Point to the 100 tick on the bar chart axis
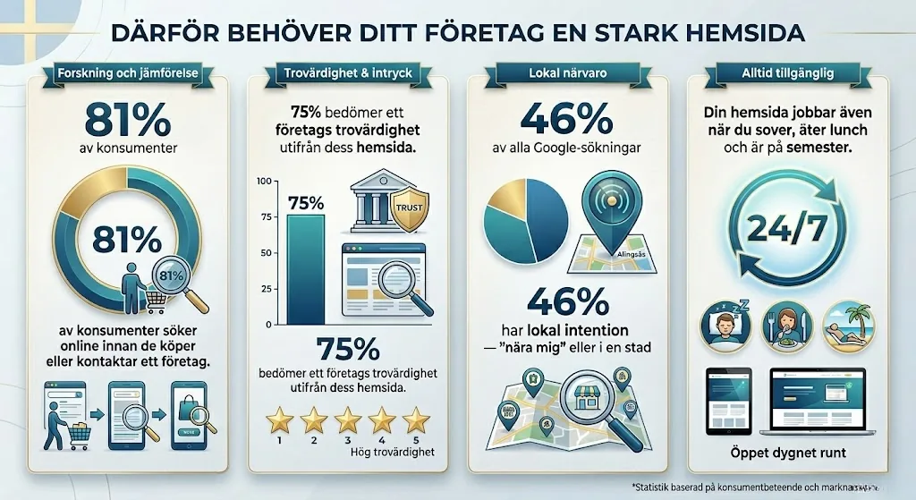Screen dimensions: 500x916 pos(263,182)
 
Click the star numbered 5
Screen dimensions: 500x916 pos(415,419)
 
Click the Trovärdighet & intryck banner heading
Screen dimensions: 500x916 pos(347,73)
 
